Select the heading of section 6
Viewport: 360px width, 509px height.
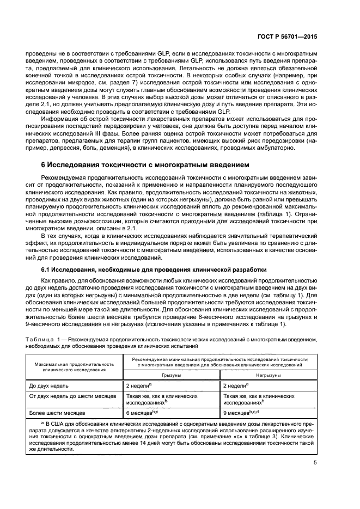146,164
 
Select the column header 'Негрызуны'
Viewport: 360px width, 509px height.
270,375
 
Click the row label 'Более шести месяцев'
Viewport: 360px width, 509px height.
56,413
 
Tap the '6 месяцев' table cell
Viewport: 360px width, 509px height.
141,413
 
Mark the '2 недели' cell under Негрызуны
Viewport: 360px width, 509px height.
236,385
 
